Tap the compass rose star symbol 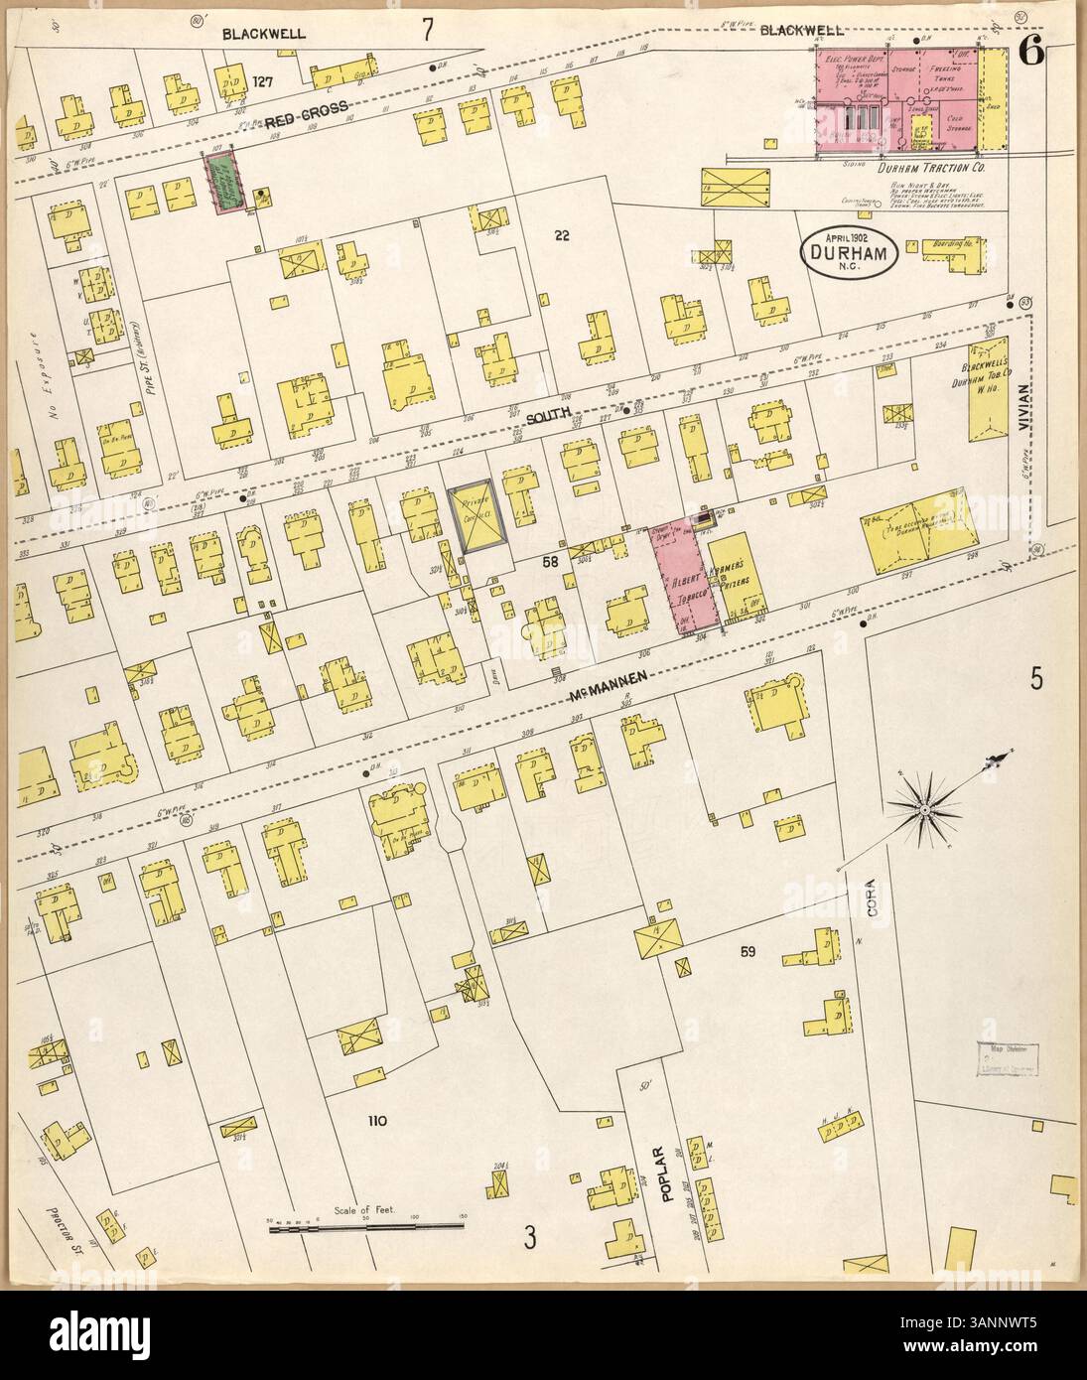(926, 810)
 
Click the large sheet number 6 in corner (1028, 54)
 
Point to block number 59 (749, 952)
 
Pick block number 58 (550, 563)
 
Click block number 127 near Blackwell (263, 80)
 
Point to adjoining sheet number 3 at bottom (530, 1237)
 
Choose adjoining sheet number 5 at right (1035, 680)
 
